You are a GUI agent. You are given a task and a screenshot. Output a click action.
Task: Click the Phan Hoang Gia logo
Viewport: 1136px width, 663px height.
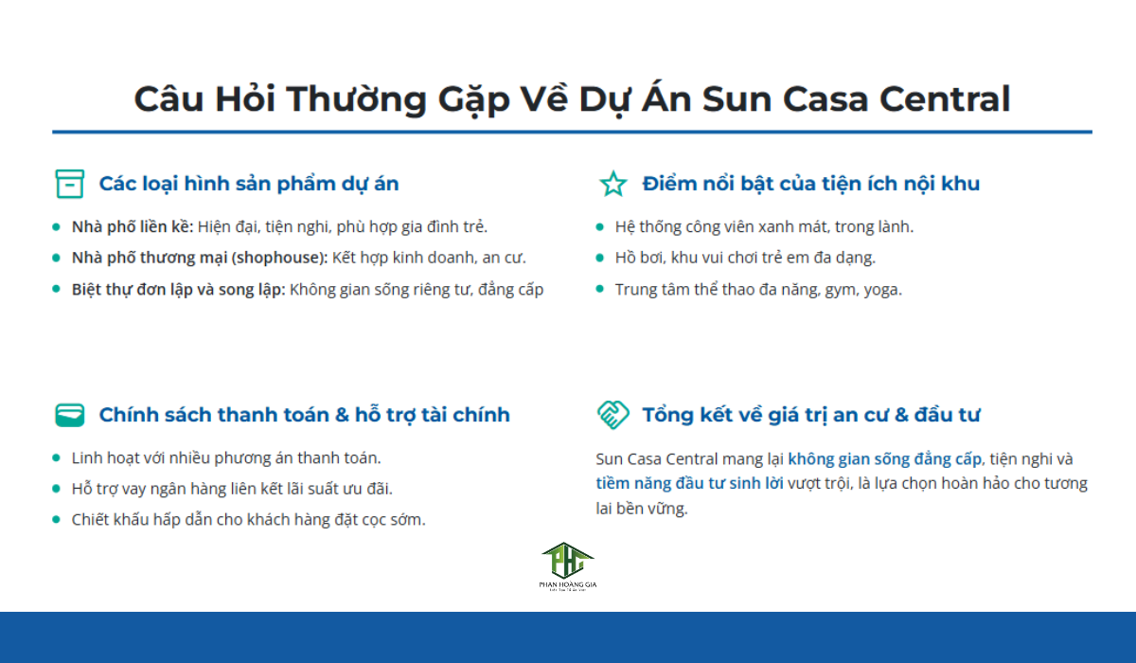(x=568, y=566)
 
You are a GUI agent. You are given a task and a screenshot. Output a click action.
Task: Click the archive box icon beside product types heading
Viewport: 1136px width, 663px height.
(x=70, y=184)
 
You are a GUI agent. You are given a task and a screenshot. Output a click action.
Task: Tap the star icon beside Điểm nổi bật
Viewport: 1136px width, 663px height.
(x=613, y=184)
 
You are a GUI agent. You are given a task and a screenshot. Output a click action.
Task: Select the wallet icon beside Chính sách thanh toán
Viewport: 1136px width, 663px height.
(x=70, y=415)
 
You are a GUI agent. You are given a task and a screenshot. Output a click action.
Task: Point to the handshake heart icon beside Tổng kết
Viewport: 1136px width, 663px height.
(x=613, y=415)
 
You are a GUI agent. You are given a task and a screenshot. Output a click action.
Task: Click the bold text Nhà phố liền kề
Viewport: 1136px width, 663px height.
(x=133, y=226)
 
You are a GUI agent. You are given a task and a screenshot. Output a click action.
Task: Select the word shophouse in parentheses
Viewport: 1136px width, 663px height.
(x=281, y=258)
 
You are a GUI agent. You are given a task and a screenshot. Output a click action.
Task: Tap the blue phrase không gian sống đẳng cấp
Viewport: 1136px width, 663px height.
(x=885, y=458)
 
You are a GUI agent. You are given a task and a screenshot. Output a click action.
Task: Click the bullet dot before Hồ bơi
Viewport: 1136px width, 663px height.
(x=600, y=258)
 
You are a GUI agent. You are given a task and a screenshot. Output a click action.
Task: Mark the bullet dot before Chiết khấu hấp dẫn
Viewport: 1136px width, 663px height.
(x=57, y=520)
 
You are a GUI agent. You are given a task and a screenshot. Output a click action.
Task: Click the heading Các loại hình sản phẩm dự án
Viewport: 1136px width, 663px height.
(x=249, y=184)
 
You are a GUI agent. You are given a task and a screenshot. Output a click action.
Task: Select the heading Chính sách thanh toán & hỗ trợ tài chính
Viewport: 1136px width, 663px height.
(x=304, y=415)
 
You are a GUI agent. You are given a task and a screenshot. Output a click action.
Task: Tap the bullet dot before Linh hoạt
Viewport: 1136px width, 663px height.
(x=57, y=457)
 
